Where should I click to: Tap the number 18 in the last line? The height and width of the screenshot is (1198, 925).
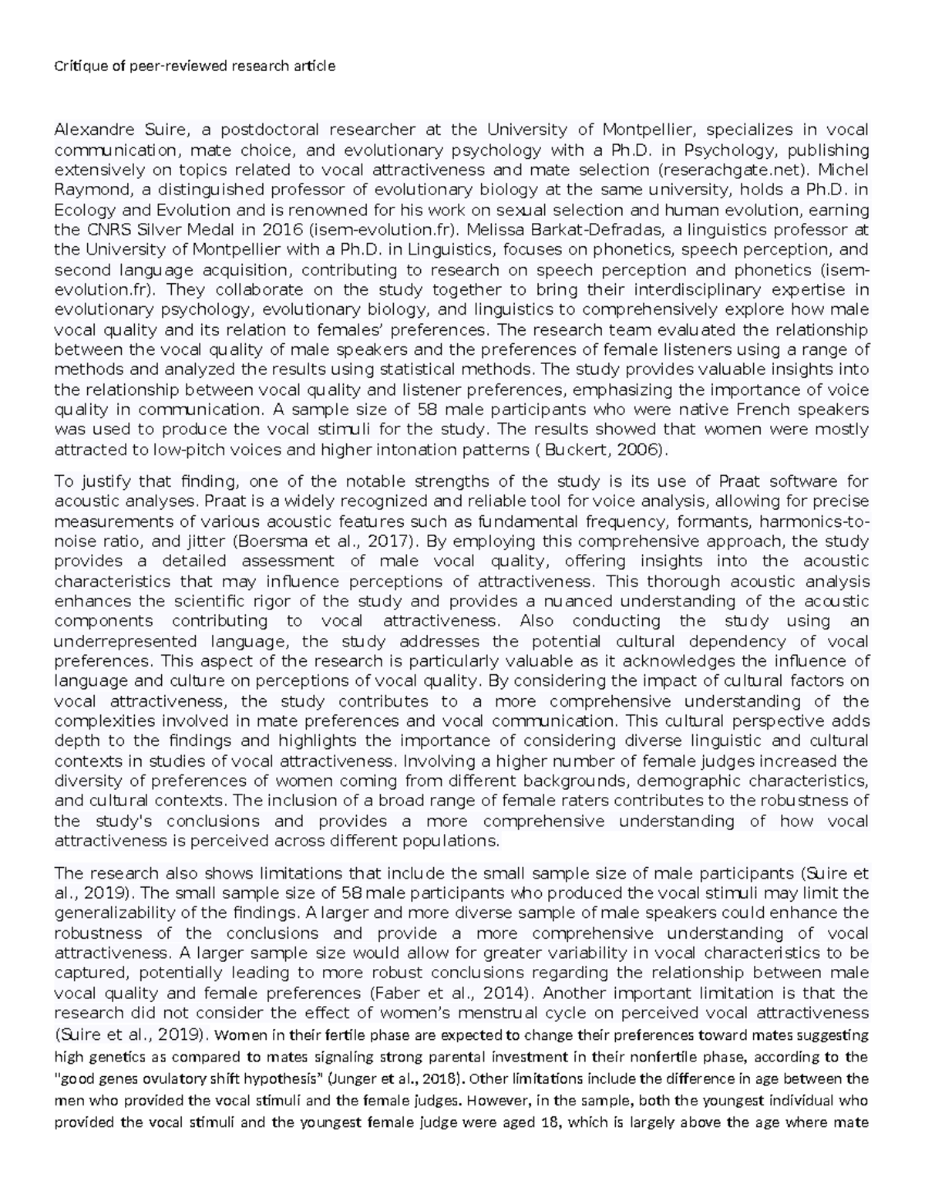click(554, 1122)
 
